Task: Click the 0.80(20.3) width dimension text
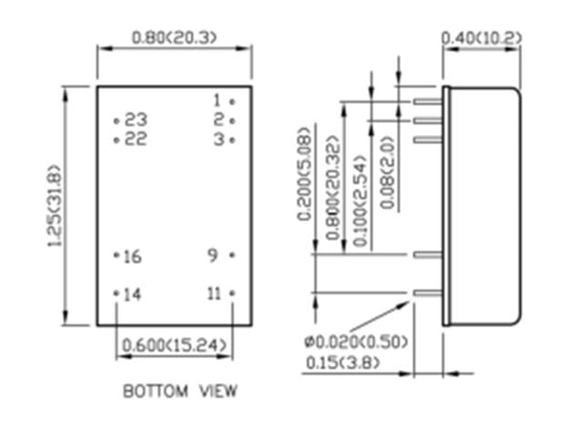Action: pyautogui.click(x=174, y=37)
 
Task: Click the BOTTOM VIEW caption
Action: pyautogui.click(x=180, y=391)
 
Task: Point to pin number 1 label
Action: pyautogui.click(x=218, y=100)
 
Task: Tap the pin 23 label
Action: pyautogui.click(x=136, y=120)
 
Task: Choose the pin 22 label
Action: pyautogui.click(x=136, y=139)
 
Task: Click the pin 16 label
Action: pyautogui.click(x=132, y=257)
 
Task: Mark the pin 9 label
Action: pyautogui.click(x=212, y=256)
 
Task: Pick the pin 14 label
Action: pyautogui.click(x=132, y=294)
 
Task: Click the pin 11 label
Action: pyautogui.click(x=214, y=293)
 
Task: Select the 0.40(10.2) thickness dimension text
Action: pyautogui.click(x=480, y=37)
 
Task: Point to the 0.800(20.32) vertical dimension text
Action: pyautogui.click(x=333, y=192)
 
